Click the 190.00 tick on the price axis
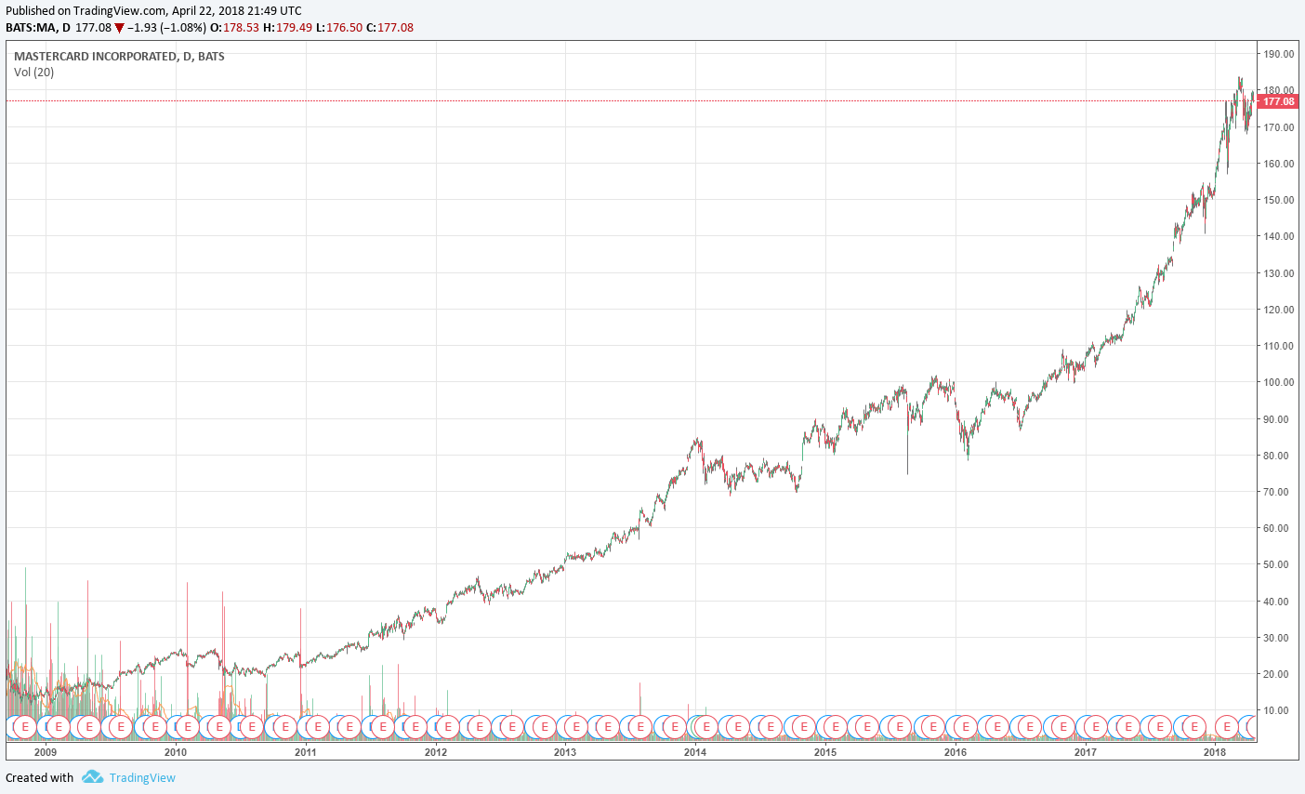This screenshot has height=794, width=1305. pos(1278,54)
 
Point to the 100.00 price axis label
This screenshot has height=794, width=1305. pos(1278,382)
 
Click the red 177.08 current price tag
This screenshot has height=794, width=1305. pos(1279,101)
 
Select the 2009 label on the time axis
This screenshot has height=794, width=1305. pos(45,752)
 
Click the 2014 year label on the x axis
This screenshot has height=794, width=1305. pos(695,752)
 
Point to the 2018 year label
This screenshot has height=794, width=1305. pos(1215,752)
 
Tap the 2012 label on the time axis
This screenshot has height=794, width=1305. pos(435,752)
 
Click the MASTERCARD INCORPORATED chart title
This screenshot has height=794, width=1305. pos(119,57)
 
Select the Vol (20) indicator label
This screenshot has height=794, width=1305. pos(34,73)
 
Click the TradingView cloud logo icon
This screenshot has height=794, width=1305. pos(92,777)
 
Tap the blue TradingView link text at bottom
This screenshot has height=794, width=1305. pos(142,778)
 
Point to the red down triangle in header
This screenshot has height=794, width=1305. pos(119,28)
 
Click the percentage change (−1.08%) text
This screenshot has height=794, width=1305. pos(183,28)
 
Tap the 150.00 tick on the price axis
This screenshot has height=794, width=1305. pos(1278,200)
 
